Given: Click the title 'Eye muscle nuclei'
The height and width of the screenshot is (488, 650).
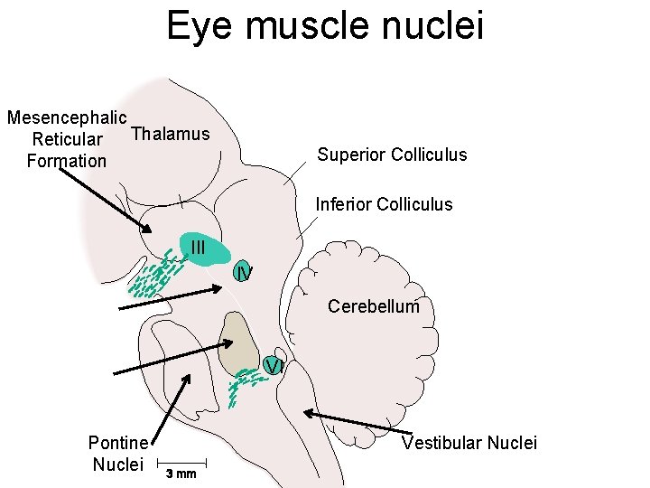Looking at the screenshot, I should pyautogui.click(x=325, y=25).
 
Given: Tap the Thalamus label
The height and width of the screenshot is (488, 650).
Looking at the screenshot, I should pyautogui.click(x=171, y=135).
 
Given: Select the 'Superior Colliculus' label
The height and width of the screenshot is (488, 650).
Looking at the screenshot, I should pyautogui.click(x=392, y=155).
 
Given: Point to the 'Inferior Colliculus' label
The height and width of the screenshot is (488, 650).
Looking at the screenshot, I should pyautogui.click(x=384, y=204).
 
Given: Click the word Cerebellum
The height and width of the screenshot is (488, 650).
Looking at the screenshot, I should pyautogui.click(x=374, y=306).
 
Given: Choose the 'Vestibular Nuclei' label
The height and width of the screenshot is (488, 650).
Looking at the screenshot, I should pyautogui.click(x=469, y=443).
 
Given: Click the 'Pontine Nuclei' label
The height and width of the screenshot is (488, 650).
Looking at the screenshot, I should pyautogui.click(x=117, y=454).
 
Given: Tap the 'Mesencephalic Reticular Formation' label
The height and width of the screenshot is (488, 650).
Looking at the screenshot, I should pyautogui.click(x=66, y=139).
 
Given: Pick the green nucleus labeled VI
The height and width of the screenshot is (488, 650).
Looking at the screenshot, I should pyautogui.click(x=274, y=365).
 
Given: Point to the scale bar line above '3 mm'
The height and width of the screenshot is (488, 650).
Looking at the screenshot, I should pyautogui.click(x=181, y=459).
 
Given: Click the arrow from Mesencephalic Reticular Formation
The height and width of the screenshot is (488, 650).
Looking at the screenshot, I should pyautogui.click(x=104, y=197).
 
